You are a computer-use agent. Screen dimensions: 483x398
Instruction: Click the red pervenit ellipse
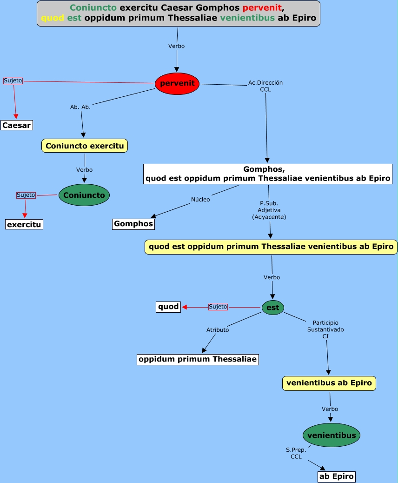pos(177,84)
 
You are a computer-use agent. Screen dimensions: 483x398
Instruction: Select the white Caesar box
pos(17,125)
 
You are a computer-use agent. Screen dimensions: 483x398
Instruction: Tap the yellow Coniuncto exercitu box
pos(85,146)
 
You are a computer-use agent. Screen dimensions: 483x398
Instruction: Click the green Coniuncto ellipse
pos(84,195)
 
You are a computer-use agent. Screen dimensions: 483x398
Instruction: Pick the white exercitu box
pos(24,225)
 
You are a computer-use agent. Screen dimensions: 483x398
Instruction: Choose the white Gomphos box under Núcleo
pos(133,224)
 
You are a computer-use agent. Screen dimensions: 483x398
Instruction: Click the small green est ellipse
pos(273,307)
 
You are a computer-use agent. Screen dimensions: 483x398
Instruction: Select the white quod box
pos(168,307)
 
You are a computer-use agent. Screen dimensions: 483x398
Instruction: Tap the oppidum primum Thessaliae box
pos(198,359)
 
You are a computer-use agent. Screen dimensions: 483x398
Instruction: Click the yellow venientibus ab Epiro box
pos(329,383)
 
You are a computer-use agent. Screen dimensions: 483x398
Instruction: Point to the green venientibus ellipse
pos(332,436)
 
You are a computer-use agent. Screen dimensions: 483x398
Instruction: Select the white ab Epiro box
pos(337,476)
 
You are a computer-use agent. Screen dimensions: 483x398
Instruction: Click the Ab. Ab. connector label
pos(80,107)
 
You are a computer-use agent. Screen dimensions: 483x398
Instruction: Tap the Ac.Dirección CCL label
pos(265,86)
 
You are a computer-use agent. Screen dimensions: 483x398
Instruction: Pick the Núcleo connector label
pos(200,200)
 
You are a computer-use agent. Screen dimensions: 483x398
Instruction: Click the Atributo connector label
pos(218,330)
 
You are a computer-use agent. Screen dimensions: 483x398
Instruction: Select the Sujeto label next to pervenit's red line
pos(13,80)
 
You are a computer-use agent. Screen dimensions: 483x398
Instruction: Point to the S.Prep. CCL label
pos(296,453)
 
